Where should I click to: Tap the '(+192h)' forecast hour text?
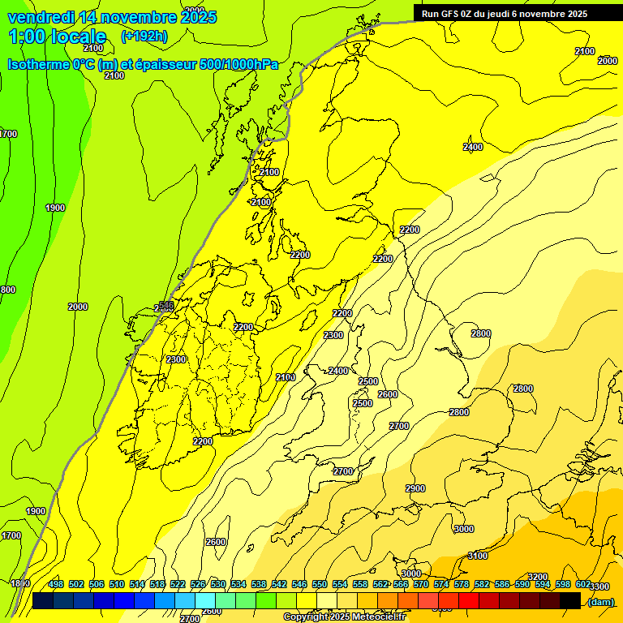144,36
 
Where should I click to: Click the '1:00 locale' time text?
57,37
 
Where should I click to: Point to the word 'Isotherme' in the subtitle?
38,64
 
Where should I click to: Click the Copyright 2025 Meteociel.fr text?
344,617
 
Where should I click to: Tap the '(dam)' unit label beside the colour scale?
600,601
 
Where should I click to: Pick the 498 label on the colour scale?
56,584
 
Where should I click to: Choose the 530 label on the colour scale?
218,584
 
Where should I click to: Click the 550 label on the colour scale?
320,584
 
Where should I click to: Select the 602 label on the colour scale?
583,584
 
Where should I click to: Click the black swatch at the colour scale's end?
570,600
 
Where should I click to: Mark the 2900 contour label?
415,488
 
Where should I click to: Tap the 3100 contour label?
479,556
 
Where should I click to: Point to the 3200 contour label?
538,577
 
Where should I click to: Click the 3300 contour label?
599,586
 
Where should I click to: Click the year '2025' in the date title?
198,17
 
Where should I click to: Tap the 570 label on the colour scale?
421,584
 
